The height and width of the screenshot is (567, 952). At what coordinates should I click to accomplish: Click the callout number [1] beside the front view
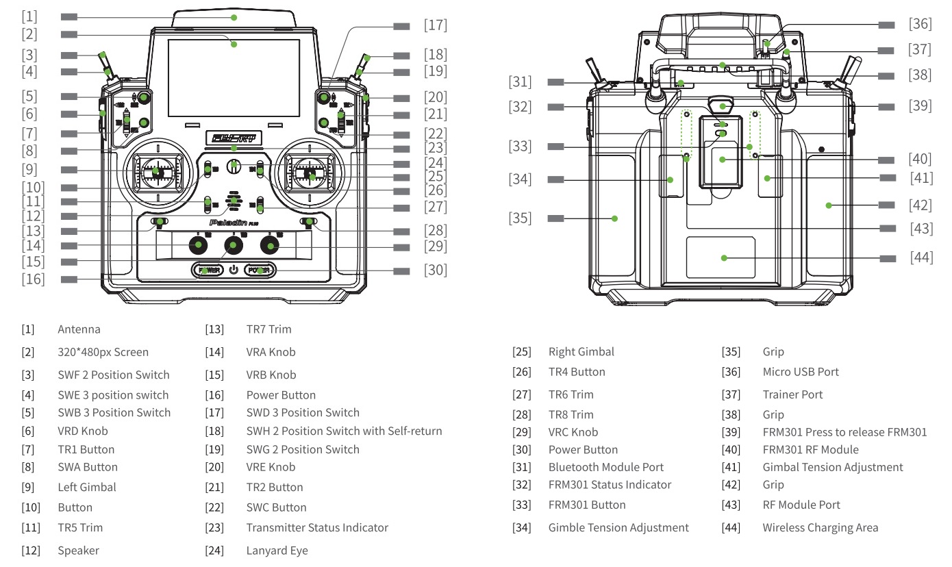[29, 14]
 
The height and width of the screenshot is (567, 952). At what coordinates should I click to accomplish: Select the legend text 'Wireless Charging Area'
[820, 528]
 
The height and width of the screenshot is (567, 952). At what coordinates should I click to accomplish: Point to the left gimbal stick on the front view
[157, 172]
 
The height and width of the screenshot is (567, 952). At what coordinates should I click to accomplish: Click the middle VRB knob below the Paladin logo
[234, 245]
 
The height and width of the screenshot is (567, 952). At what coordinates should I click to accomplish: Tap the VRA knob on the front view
[199, 245]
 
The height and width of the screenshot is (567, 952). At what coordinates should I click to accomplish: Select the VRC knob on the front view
[268, 245]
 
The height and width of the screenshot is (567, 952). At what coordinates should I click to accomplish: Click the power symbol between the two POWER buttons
[234, 269]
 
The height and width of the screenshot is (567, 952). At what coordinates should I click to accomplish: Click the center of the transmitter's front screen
[234, 76]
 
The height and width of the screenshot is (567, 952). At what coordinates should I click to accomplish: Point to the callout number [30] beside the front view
[436, 270]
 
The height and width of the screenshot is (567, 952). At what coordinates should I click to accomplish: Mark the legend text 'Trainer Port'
[792, 394]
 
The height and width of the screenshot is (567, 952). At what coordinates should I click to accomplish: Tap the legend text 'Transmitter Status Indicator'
[317, 528]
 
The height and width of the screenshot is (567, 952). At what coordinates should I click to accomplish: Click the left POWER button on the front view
[207, 270]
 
